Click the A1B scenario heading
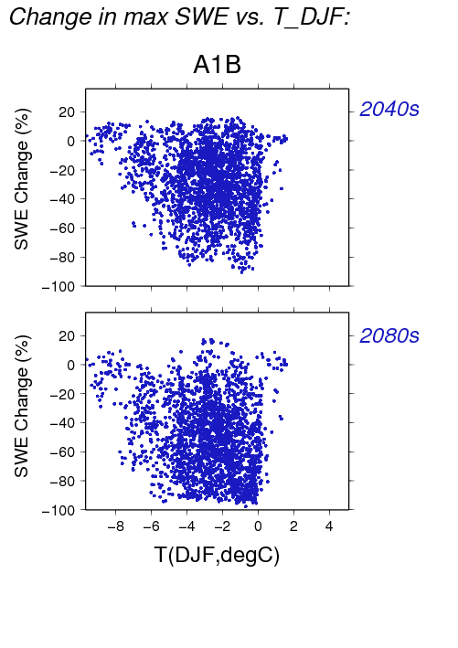[217, 65]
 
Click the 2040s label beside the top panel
[389, 109]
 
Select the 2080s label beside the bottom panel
[389, 335]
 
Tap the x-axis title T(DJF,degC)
[217, 555]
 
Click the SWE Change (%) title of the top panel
[22, 179]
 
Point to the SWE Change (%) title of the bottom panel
[22, 406]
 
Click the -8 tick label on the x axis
[115, 526]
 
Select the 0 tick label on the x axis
[258, 526]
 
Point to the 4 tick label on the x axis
[329, 526]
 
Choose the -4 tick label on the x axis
[186, 526]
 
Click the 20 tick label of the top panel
[67, 112]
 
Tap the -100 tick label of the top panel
[59, 286]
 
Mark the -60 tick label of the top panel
[62, 228]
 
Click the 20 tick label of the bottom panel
[67, 336]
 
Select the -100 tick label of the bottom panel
[59, 510]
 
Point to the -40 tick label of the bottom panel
[62, 423]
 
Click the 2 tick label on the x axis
[293, 526]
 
